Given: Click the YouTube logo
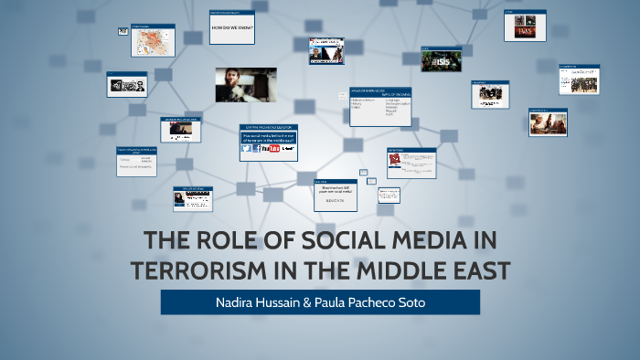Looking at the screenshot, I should click(x=270, y=149).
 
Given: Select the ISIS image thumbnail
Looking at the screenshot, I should click(x=441, y=61).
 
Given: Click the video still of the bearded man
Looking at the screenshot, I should click(x=245, y=85).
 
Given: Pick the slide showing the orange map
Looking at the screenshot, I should click(x=153, y=41).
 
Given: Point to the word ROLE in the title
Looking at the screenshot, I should click(x=214, y=243).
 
